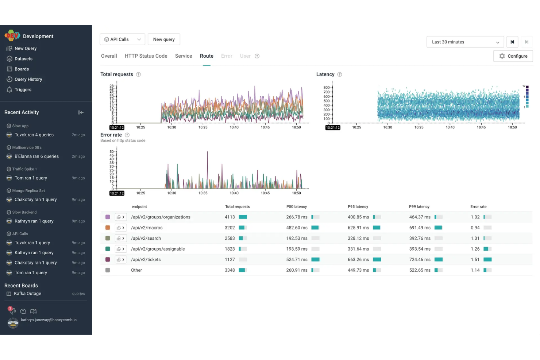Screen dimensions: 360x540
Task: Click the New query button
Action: click(x=164, y=39)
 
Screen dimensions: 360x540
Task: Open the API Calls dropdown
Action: click(x=122, y=39)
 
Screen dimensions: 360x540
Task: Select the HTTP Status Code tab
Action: click(x=146, y=56)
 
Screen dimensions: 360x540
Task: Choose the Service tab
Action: click(x=184, y=56)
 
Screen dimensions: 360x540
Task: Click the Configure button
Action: click(x=513, y=56)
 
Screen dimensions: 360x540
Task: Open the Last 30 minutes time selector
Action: click(x=465, y=42)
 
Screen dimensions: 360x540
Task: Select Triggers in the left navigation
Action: click(x=23, y=90)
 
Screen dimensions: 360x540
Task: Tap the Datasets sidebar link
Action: click(x=23, y=59)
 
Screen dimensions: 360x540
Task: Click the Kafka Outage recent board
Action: click(x=27, y=294)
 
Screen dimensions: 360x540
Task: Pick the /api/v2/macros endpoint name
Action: click(x=147, y=228)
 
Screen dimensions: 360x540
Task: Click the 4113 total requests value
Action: click(x=229, y=217)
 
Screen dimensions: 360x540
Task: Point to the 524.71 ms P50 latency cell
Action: click(x=297, y=260)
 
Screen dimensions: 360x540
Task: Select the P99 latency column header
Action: click(x=419, y=207)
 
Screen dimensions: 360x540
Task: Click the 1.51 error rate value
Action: click(x=475, y=260)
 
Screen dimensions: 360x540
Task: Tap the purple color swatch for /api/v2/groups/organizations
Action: click(x=108, y=217)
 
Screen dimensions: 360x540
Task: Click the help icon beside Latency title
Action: click(x=340, y=74)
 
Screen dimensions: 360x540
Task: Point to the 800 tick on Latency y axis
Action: click(x=326, y=88)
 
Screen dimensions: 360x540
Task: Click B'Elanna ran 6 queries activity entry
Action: click(x=36, y=156)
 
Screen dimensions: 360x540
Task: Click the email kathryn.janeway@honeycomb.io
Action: click(x=49, y=320)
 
